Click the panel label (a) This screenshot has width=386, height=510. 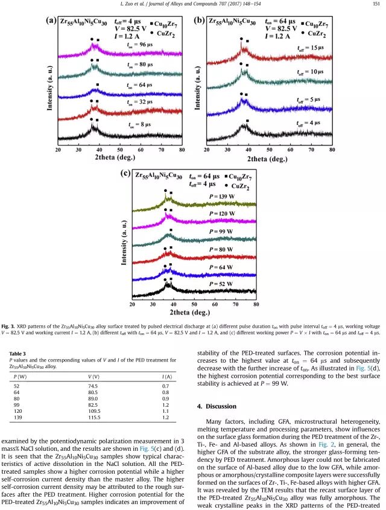tap(52, 19)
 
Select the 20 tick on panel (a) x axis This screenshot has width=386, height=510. tap(58, 148)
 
